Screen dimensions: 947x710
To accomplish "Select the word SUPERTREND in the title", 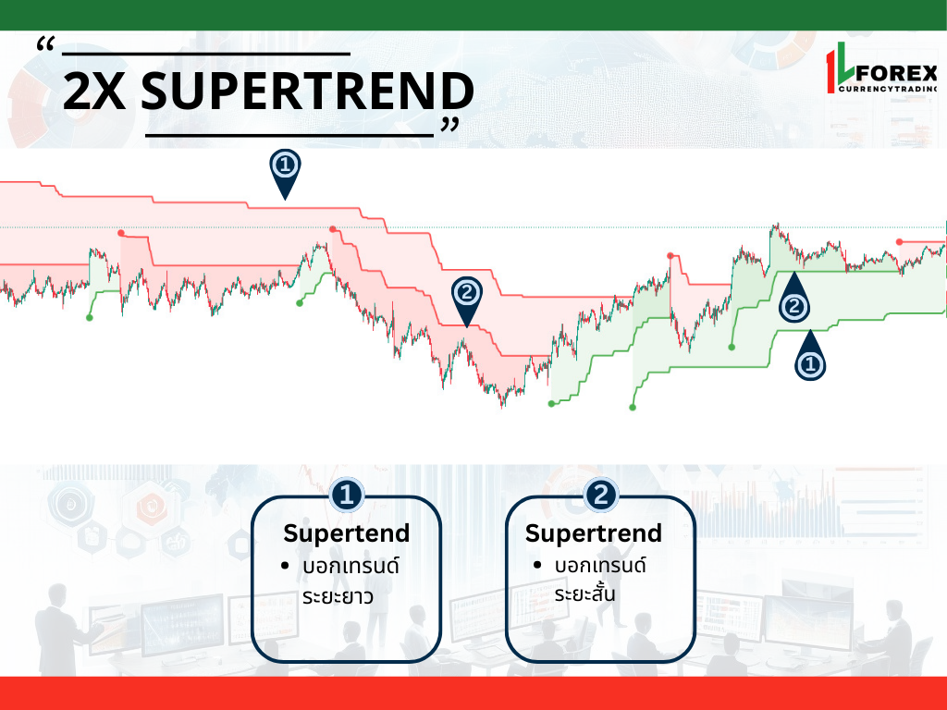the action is point(307,92).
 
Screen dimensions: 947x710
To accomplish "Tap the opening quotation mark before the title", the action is point(46,43).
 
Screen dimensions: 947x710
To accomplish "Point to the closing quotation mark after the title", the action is point(450,125).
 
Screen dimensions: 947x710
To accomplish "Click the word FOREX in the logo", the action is point(896,74).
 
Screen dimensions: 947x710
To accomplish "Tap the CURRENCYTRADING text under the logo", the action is point(888,89).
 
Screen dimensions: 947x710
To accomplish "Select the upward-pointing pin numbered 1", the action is point(810,355).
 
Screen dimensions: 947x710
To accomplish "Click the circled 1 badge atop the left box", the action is point(347,496).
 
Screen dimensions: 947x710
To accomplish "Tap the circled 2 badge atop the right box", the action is point(600,496).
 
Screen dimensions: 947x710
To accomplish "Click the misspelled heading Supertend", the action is point(347,533).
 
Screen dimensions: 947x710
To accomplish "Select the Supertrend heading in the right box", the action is point(594,533).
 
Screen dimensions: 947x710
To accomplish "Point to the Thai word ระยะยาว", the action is point(338,596).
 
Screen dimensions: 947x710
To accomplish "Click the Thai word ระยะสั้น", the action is point(584,593).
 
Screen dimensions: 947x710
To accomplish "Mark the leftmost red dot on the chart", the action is point(121,233).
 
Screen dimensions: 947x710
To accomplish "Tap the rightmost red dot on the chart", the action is point(899,242).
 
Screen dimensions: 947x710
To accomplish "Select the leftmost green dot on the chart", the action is point(90,318).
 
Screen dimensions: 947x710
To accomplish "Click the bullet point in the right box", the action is point(537,566).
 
